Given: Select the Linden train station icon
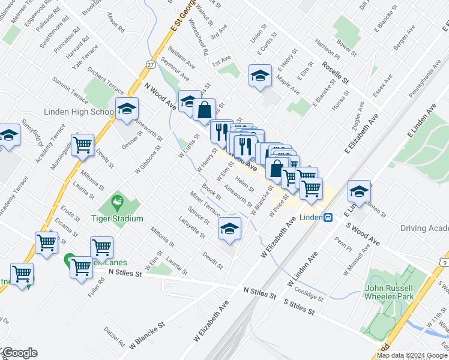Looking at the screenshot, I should point(328,217).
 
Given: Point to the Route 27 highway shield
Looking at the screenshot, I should point(150,64).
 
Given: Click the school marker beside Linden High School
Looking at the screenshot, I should point(127,109).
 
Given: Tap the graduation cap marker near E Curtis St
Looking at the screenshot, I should point(260,76).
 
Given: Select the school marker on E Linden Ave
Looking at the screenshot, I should point(360,191).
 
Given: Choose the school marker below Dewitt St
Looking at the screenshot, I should point(229,229).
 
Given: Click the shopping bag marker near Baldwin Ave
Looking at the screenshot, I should point(205,110).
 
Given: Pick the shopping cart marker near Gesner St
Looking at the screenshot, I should point(82,144).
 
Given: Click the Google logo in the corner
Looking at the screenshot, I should point(19,353).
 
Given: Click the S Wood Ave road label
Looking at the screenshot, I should point(363,233).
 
